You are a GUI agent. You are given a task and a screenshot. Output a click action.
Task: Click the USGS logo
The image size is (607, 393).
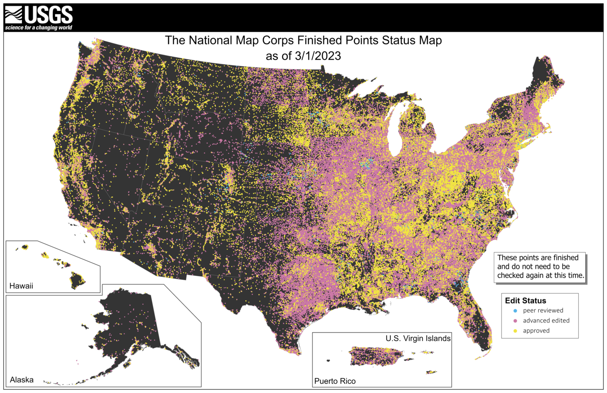(38, 17)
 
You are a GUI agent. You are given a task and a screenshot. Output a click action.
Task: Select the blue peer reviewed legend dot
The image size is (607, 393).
(515, 311)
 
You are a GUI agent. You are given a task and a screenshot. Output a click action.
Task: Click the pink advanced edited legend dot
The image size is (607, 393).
(515, 321)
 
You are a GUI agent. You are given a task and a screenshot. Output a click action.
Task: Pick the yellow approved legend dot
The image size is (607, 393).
(515, 331)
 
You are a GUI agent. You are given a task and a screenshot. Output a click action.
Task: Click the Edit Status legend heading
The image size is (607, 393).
(525, 301)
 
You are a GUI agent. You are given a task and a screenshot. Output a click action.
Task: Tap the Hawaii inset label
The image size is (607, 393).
(21, 286)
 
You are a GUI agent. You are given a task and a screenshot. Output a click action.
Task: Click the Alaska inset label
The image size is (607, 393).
(21, 379)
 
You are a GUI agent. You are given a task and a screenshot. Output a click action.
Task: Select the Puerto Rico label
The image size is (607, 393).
(335, 381)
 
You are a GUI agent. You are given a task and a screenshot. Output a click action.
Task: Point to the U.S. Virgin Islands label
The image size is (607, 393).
(418, 338)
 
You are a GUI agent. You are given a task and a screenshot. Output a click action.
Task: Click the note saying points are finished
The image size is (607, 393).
(540, 267)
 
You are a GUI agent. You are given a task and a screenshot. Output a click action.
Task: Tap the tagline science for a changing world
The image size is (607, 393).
(38, 28)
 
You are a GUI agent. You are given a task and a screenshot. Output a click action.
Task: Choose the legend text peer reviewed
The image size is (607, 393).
(543, 311)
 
